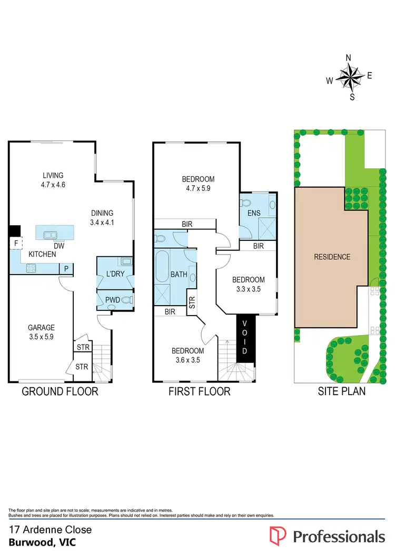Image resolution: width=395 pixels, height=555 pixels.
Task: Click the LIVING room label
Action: point(53,175)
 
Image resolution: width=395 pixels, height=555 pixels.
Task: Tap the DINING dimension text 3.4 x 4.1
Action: point(102,222)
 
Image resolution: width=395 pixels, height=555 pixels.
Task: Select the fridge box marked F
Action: point(16,244)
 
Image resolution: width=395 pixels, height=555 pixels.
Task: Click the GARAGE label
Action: point(41,327)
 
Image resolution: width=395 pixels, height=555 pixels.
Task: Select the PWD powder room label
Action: point(113,300)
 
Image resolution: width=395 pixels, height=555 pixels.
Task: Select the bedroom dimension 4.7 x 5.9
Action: point(197,188)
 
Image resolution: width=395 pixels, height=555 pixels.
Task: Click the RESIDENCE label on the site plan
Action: point(332,257)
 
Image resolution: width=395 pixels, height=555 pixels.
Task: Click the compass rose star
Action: point(349,78)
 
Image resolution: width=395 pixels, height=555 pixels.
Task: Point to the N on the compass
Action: point(348,58)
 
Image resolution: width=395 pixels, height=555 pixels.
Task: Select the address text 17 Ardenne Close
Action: point(51,530)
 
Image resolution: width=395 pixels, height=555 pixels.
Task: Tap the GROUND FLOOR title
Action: point(60,391)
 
